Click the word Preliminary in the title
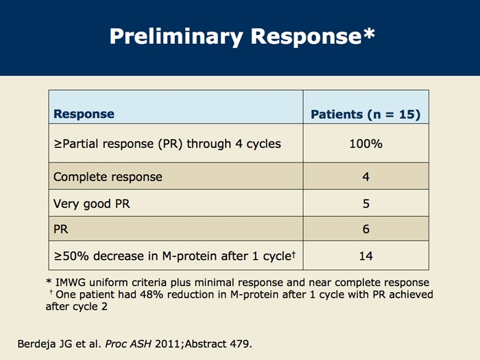tap(176, 37)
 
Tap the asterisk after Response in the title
tap(369, 33)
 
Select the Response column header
tap(84, 114)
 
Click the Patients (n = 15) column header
tap(365, 115)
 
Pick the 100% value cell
tap(365, 143)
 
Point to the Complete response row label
tap(108, 177)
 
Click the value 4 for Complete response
tap(365, 177)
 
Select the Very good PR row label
tap(91, 204)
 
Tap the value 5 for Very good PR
tap(365, 204)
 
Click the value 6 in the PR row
tap(365, 229)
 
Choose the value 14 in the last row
tap(365, 256)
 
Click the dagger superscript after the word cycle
tap(293, 254)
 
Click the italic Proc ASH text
tap(128, 344)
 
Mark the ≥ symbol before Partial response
tap(58, 144)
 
